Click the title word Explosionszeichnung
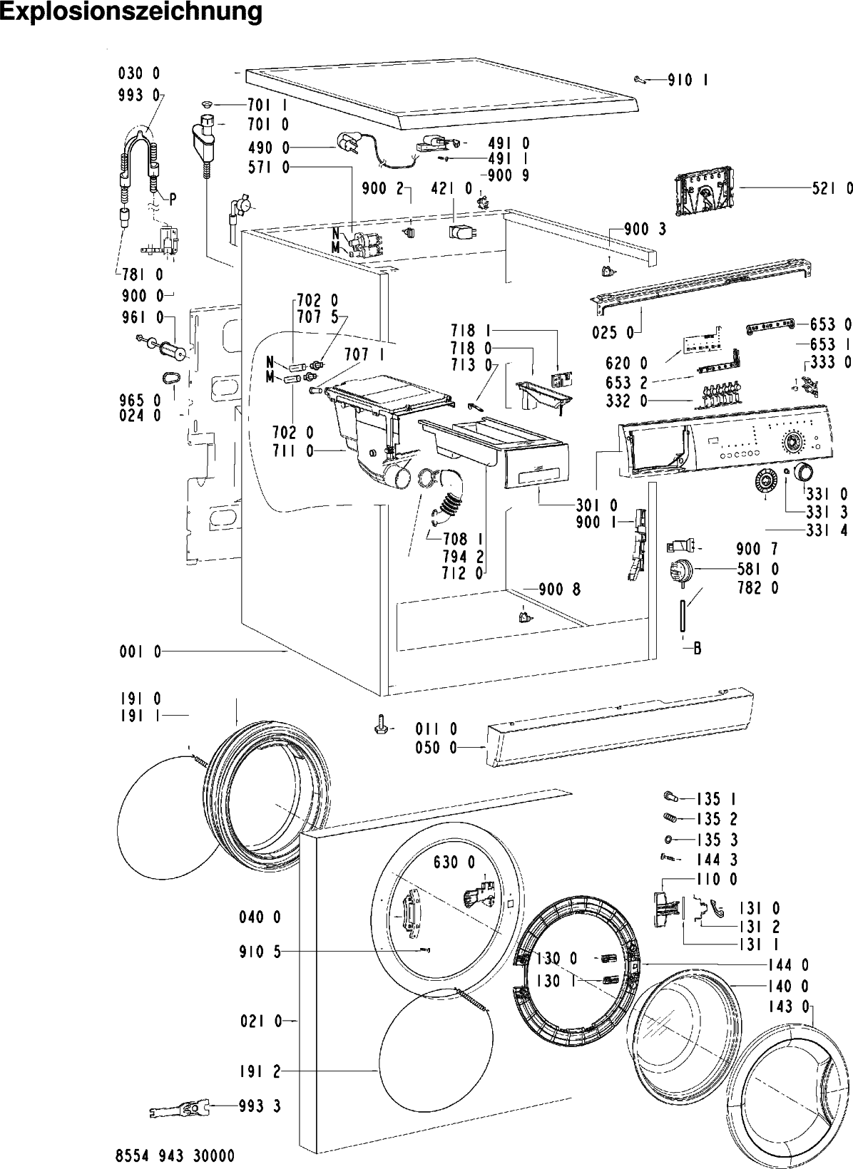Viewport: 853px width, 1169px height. (131, 12)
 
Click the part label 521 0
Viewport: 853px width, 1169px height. (832, 188)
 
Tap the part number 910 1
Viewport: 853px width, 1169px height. (688, 80)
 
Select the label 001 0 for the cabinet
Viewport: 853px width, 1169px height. (141, 652)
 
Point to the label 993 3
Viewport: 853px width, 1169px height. (260, 1106)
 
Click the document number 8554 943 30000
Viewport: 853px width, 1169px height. (175, 1156)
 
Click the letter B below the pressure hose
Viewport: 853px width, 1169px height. (697, 649)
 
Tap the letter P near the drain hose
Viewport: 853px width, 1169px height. (173, 198)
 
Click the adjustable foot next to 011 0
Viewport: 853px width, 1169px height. (380, 726)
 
